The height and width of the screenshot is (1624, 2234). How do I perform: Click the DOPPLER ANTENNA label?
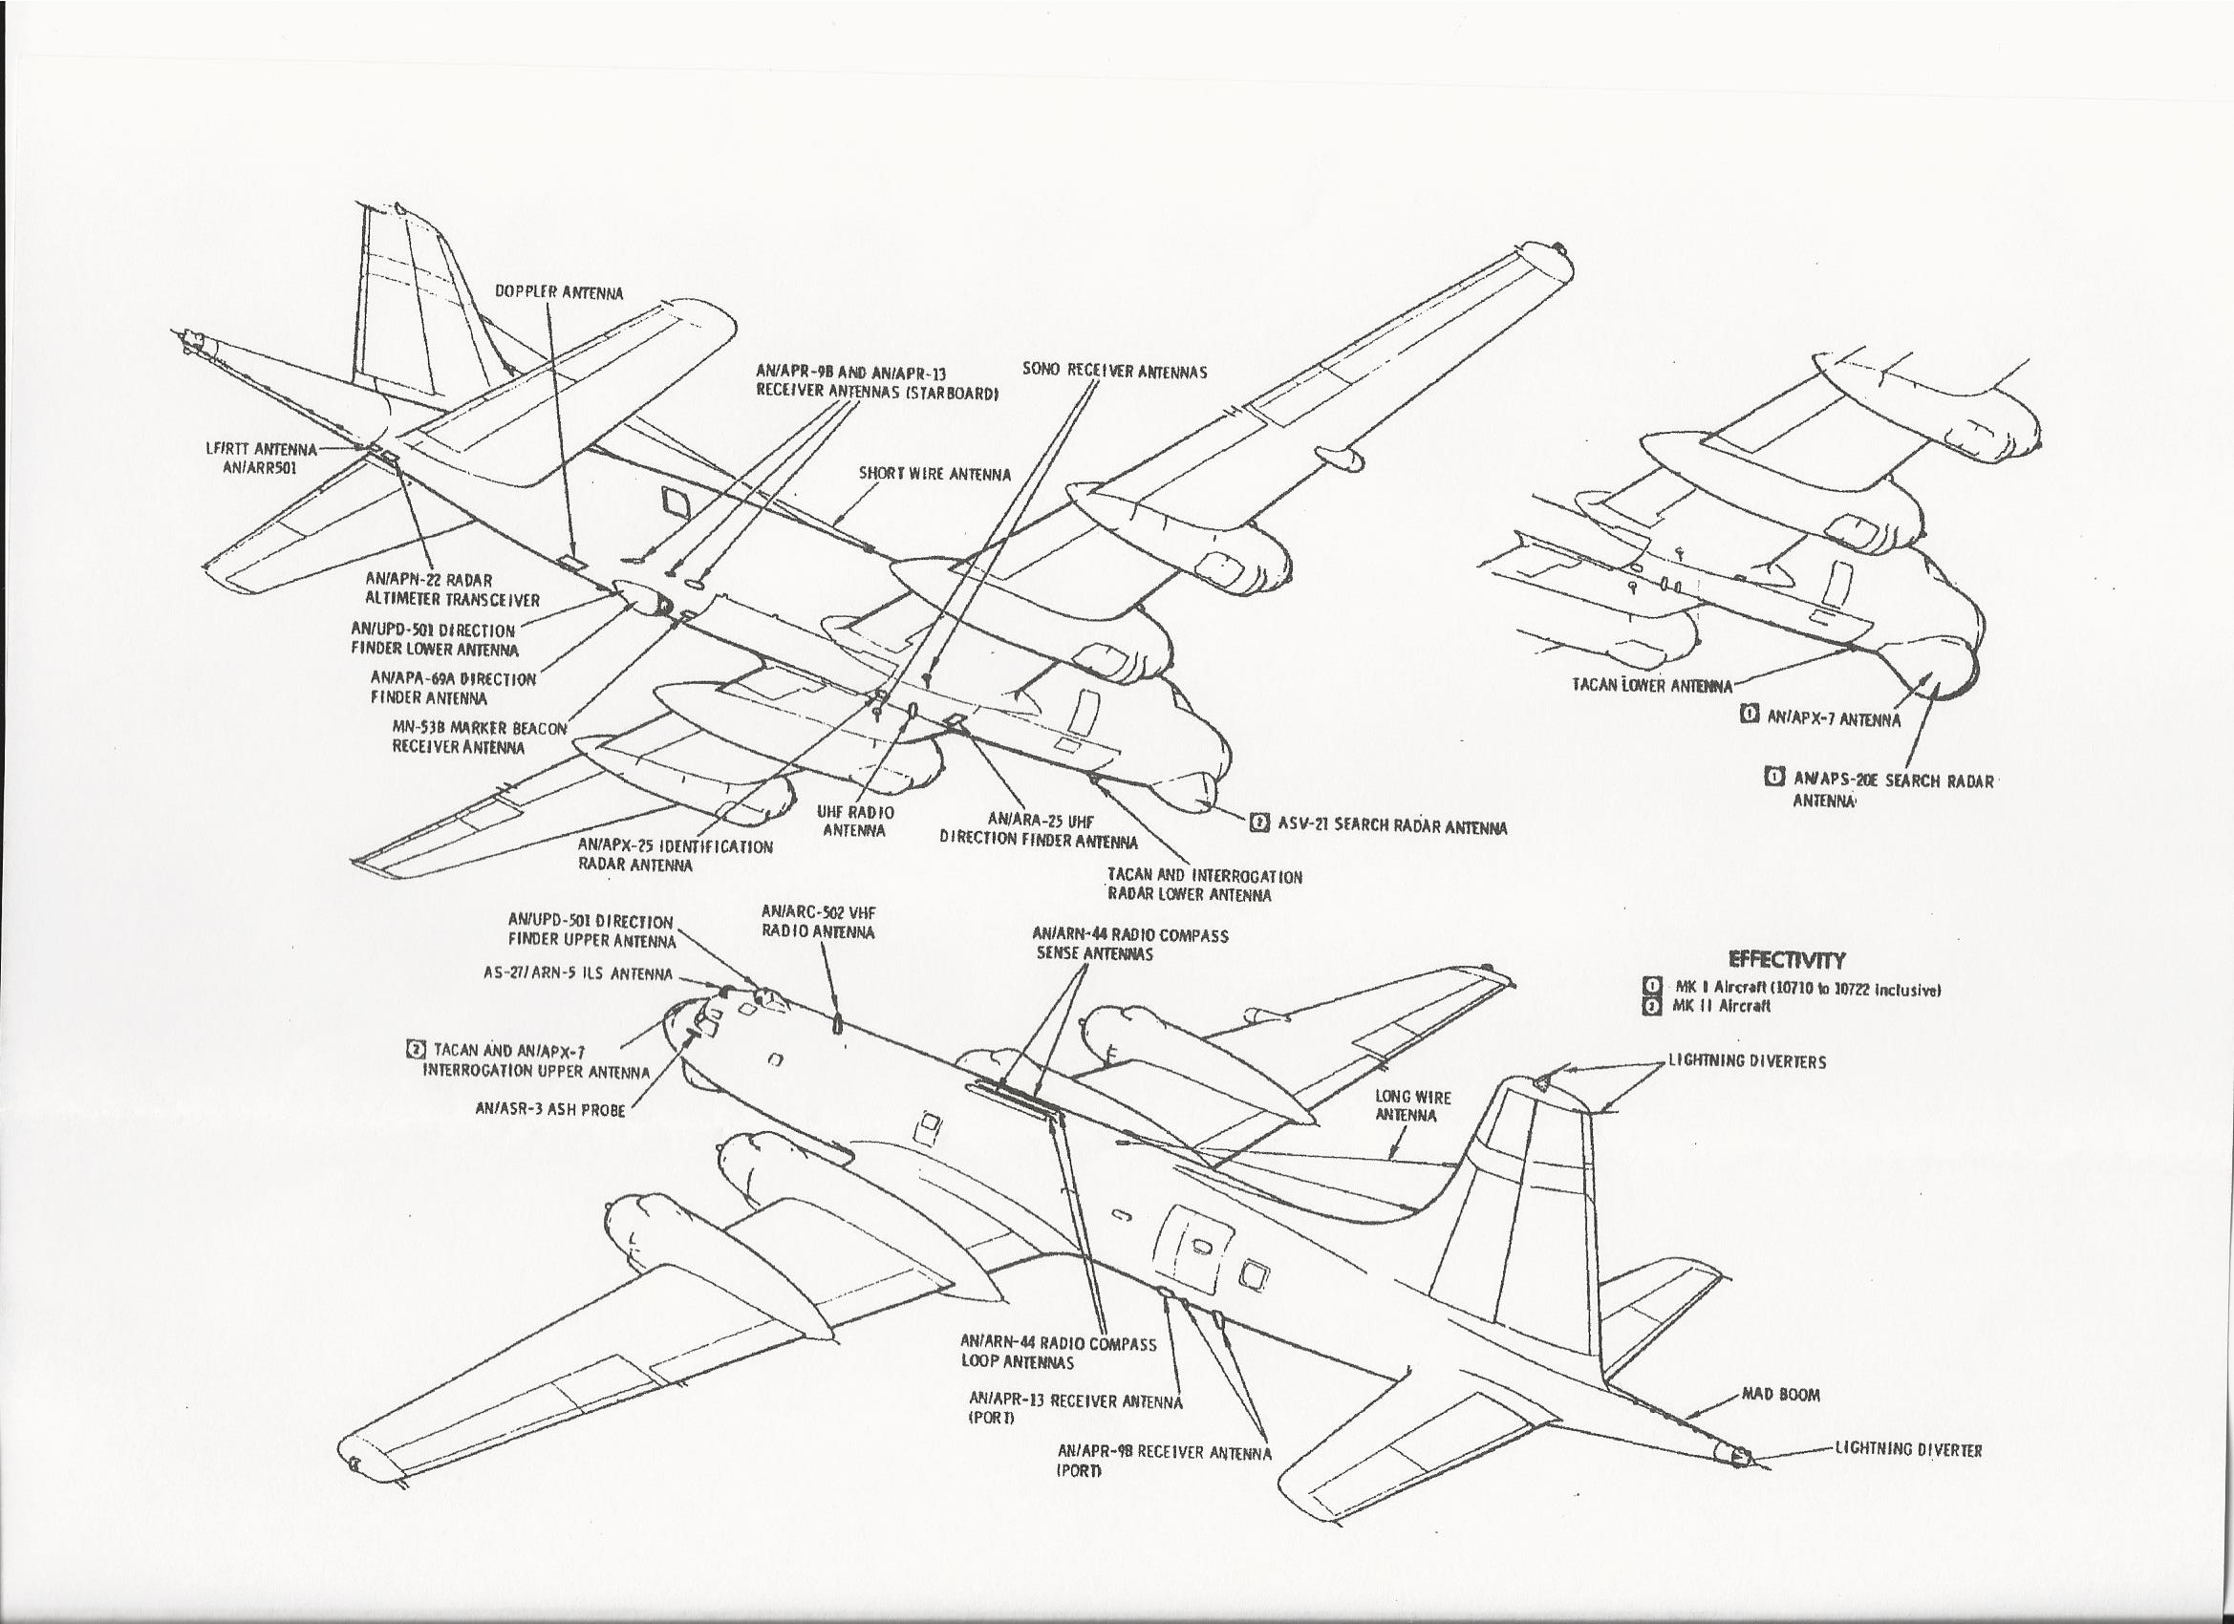pyautogui.click(x=558, y=292)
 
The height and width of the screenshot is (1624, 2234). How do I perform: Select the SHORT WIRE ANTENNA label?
pyautogui.click(x=934, y=474)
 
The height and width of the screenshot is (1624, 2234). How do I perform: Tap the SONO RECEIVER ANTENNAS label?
pyautogui.click(x=1115, y=373)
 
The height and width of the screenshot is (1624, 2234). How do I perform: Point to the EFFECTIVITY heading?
pyautogui.click(x=1787, y=959)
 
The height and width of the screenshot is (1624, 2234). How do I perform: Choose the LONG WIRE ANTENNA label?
pyautogui.click(x=1412, y=1105)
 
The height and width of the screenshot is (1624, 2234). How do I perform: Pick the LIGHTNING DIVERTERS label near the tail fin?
pyautogui.click(x=1747, y=1061)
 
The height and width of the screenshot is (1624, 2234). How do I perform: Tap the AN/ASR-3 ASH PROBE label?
pyautogui.click(x=549, y=1109)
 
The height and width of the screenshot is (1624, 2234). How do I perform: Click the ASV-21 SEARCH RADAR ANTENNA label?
pyautogui.click(x=1391, y=826)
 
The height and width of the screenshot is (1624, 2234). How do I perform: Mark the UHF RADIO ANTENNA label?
pyautogui.click(x=855, y=822)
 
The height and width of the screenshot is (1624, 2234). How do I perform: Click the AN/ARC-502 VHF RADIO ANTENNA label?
pyautogui.click(x=818, y=922)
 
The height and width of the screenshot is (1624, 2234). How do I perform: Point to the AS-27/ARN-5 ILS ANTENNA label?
pyautogui.click(x=577, y=974)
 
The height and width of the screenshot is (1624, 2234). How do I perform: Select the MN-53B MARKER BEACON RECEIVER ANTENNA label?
pyautogui.click(x=480, y=737)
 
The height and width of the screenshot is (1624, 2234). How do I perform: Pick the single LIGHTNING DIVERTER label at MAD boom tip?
pyautogui.click(x=1908, y=1450)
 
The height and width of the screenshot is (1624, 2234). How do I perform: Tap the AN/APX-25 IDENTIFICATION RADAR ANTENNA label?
pyautogui.click(x=675, y=855)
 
